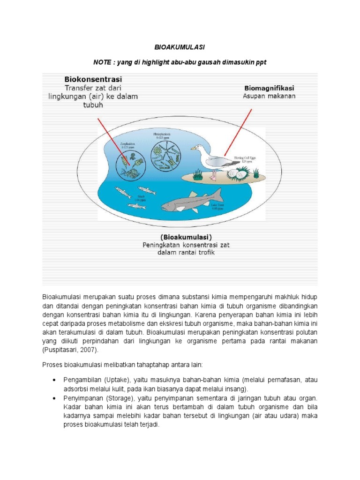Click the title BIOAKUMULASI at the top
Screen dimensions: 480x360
tap(180, 48)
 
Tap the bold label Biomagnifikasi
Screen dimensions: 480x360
tap(270, 88)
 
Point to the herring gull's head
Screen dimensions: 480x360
tap(198, 149)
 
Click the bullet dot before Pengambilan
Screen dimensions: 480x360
tap(55, 379)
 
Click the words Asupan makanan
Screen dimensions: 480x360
tap(269, 96)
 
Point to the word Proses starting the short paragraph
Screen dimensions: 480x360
tap(53, 365)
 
